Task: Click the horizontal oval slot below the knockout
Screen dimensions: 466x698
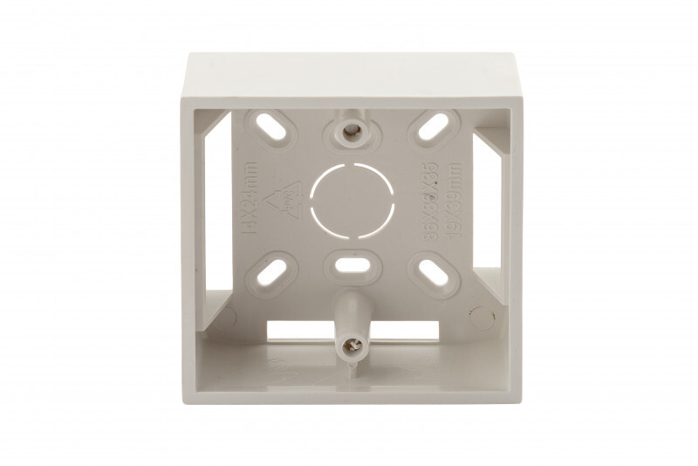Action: pyautogui.click(x=352, y=264)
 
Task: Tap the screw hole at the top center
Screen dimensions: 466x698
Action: pyautogui.click(x=352, y=131)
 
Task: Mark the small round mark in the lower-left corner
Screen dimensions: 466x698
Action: pyautogui.click(x=224, y=314)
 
